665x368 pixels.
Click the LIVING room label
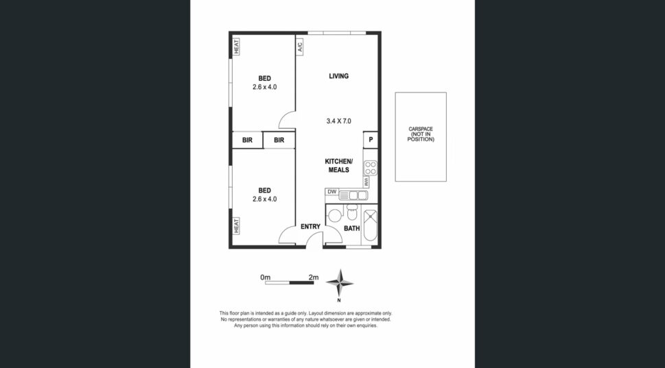338,76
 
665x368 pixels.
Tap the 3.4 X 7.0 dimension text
338,121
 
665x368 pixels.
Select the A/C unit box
299,46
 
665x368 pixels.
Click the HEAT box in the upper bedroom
236,47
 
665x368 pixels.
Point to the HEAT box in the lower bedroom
236,225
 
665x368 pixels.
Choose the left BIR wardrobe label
247,140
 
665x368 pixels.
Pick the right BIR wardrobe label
279,140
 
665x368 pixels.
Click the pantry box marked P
371,140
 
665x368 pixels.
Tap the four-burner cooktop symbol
371,168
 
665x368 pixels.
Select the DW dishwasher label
331,192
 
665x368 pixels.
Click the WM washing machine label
366,182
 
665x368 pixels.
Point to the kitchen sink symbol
353,195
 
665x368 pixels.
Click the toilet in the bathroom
352,212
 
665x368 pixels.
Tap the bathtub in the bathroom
371,225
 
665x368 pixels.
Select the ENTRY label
310,227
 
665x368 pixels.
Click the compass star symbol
339,283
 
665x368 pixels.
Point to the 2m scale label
314,278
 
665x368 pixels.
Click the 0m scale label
266,278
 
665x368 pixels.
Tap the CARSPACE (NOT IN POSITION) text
421,134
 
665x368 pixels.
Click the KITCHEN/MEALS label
338,166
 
